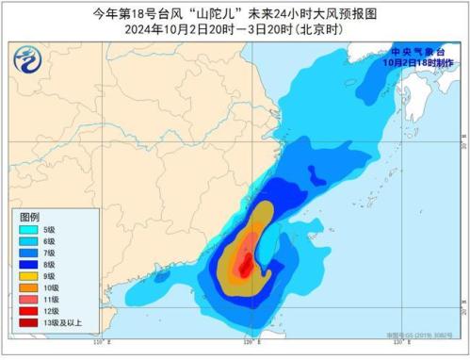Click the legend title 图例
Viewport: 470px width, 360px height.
[30, 216]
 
